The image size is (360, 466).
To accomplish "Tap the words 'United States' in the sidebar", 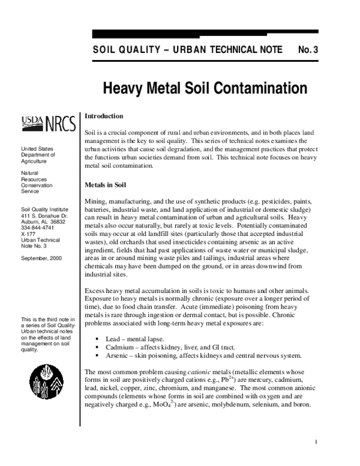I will [x=37, y=148].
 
